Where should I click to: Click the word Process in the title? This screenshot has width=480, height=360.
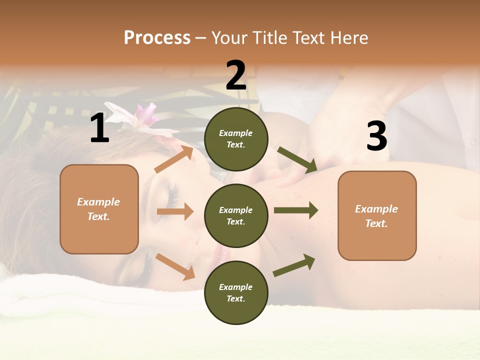pos(157,37)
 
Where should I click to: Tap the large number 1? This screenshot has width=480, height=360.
pos(99,128)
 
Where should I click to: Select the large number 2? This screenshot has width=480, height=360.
pos(236,75)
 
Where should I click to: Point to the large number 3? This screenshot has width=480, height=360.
pos(376,136)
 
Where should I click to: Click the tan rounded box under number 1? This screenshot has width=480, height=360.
pos(99,209)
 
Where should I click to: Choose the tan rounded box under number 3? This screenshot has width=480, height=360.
pos(377,215)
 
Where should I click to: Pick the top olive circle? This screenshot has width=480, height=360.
pos(236,139)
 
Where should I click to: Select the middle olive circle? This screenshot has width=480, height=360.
pos(236,215)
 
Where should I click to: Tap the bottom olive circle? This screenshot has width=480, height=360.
pos(236,292)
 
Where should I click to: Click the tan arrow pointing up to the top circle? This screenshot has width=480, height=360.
pos(174,159)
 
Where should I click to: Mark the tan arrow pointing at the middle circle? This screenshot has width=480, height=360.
pos(175,211)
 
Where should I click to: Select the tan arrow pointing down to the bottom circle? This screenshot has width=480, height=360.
pos(175,266)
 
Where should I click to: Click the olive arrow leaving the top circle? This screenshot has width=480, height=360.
pos(297,160)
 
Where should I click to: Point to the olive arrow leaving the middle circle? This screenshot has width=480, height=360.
pos(295,210)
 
